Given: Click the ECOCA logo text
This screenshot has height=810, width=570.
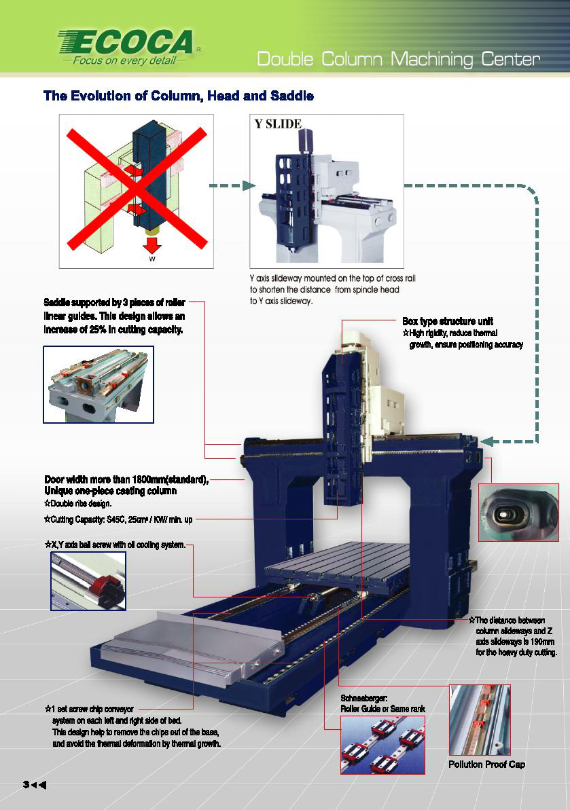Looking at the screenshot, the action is point(126,42).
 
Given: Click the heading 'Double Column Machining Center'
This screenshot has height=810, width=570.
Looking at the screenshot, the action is point(398,59).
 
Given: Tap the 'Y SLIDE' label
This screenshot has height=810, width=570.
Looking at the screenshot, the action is point(278,124).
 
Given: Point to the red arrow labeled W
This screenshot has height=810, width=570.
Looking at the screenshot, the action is point(152,245).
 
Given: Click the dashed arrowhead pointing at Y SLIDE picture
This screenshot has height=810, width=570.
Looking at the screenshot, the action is point(249,185).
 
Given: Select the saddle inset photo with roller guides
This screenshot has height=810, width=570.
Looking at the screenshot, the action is point(99,384).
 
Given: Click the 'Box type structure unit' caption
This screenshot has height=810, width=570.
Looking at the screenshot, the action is point(448,321).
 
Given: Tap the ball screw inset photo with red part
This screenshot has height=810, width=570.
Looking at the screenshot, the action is point(88,581).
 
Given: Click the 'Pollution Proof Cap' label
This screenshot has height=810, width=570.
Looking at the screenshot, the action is point(487,765).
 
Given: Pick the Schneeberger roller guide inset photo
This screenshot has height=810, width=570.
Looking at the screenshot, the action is point(382,745).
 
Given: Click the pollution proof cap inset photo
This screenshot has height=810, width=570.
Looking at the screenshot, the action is point(480,720).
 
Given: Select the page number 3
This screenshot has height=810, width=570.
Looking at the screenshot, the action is point(26,785).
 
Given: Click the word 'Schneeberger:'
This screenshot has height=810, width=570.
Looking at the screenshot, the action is point(363,699).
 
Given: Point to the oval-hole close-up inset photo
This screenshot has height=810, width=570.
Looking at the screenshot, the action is point(518,513).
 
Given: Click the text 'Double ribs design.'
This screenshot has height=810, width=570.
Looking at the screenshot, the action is point(78,503).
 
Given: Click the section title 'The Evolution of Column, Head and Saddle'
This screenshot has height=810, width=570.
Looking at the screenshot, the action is point(179,96).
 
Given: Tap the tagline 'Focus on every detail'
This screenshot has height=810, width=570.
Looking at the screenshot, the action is point(124,60).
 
